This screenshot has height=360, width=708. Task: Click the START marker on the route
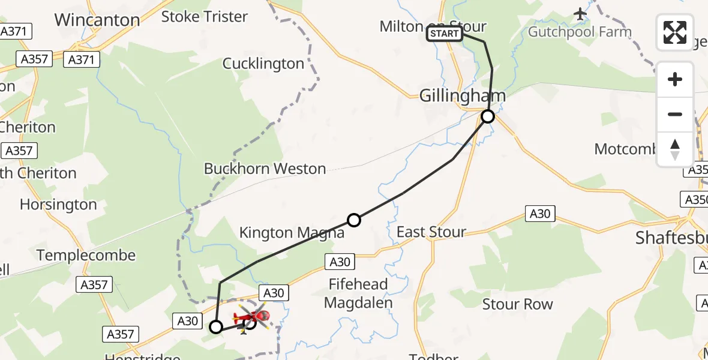(444, 34)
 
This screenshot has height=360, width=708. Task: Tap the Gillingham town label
(462, 95)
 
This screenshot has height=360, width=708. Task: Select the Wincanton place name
(97, 20)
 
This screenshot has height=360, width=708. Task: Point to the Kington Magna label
(292, 233)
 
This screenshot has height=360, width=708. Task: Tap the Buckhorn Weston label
(265, 169)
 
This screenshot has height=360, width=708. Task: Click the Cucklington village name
(263, 64)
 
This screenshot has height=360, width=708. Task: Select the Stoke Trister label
(205, 16)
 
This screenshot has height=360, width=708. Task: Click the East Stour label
(431, 232)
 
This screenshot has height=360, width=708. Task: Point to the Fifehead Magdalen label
(358, 293)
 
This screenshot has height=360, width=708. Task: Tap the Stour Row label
(518, 304)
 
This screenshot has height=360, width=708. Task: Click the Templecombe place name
(86, 256)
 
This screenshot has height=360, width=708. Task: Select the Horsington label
(58, 205)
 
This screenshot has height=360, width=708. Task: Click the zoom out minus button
(675, 114)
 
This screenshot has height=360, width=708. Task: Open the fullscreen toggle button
(675, 32)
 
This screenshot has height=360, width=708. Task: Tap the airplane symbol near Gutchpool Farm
(580, 13)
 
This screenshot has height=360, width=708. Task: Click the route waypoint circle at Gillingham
(488, 116)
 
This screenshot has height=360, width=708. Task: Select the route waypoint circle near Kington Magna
(354, 220)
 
